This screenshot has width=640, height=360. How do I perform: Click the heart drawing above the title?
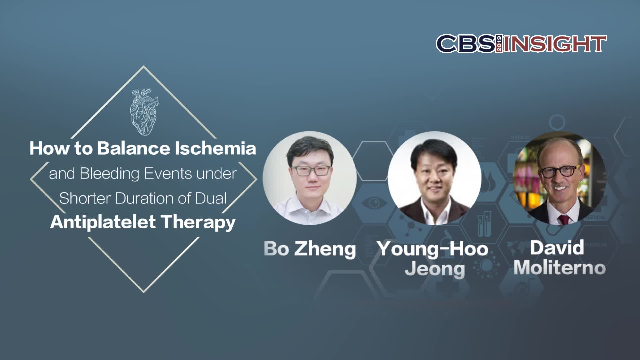tap(144, 112)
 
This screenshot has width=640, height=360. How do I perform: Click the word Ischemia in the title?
tap(215, 148)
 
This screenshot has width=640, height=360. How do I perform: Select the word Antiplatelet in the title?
tap(103, 222)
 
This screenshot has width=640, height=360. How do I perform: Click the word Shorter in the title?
tap(85, 198)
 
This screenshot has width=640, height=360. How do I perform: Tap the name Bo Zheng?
tap(310, 249)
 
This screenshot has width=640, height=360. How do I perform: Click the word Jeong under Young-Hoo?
tap(435, 269)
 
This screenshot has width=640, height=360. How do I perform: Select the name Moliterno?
tap(560, 268)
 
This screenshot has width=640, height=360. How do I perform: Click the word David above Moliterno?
tap(557, 248)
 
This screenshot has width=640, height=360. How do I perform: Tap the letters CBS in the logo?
tap(466, 44)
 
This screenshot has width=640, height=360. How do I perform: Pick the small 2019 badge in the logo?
tap(499, 44)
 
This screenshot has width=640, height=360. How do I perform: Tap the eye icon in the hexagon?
tap(374, 203)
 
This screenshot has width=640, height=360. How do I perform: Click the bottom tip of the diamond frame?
tap(144, 292)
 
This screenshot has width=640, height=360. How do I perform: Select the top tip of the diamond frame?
tap(144, 66)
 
